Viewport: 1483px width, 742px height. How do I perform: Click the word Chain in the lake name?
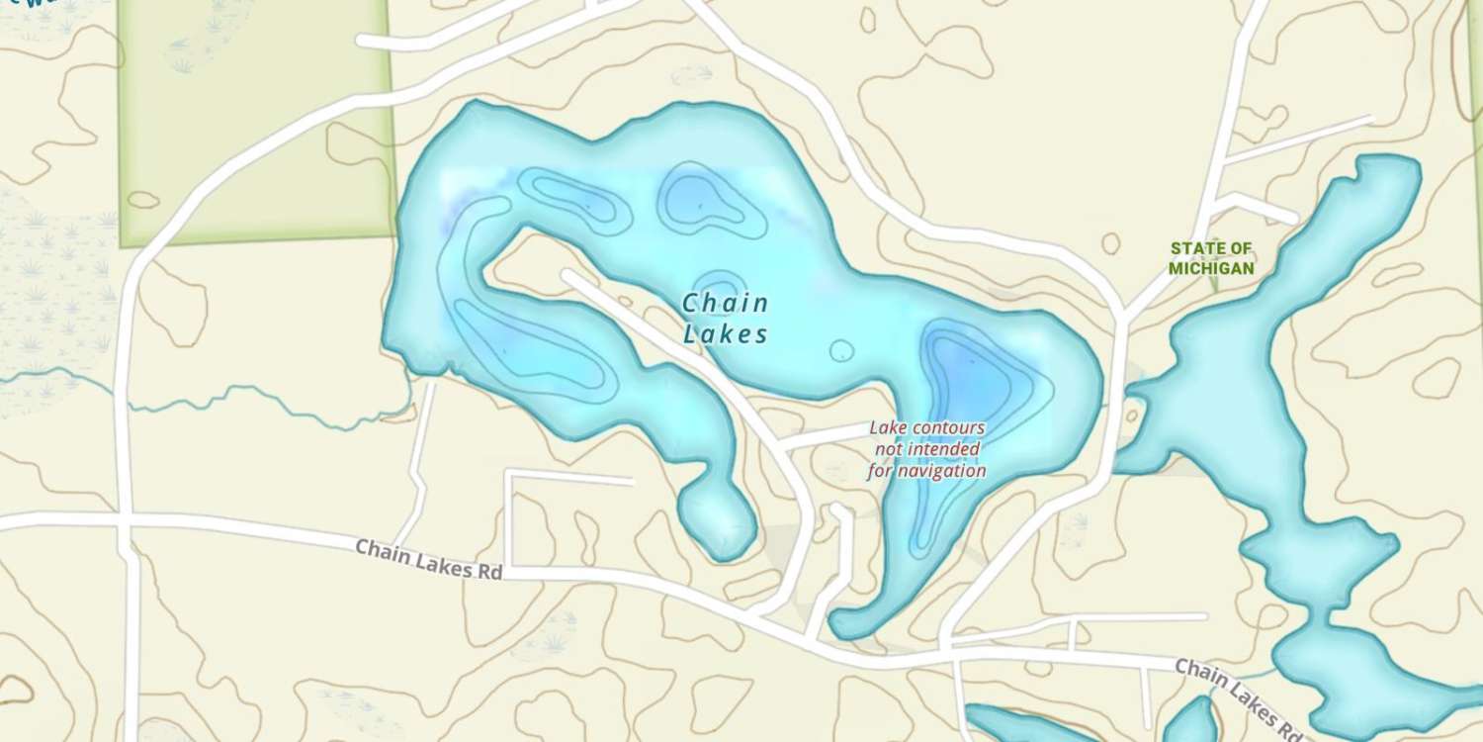tap(725, 304)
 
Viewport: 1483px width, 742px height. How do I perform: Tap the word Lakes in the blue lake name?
tap(725, 334)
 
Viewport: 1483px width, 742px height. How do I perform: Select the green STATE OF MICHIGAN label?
tap(1211, 258)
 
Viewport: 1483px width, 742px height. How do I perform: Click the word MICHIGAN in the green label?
tap(1211, 268)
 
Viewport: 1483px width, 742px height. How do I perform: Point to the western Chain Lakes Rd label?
tap(428, 559)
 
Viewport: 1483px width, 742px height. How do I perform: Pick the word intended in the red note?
tap(947, 449)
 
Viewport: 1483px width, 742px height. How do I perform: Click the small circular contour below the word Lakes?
tap(841, 350)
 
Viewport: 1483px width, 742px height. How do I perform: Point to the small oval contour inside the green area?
tap(143, 200)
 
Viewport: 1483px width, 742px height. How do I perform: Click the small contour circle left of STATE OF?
tap(1110, 243)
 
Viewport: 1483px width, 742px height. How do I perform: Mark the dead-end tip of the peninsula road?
tap(567, 274)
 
